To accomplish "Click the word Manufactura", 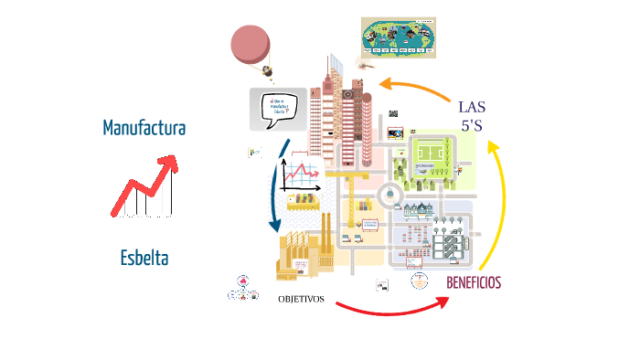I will [x=144, y=127].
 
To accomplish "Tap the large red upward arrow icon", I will [x=144, y=186].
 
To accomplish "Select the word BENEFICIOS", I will [x=474, y=282].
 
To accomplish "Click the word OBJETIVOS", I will [x=301, y=299].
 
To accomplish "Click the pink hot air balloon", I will [x=251, y=44].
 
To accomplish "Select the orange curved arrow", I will [x=415, y=86].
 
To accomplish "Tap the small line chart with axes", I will [x=301, y=174].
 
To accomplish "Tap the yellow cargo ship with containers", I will [x=303, y=202].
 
